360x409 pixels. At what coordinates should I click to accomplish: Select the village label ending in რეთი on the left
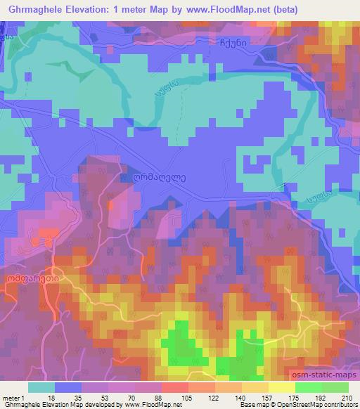(32, 278)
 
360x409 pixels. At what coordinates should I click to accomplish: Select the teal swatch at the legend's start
(41, 387)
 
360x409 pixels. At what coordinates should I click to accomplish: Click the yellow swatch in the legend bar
(282, 387)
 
